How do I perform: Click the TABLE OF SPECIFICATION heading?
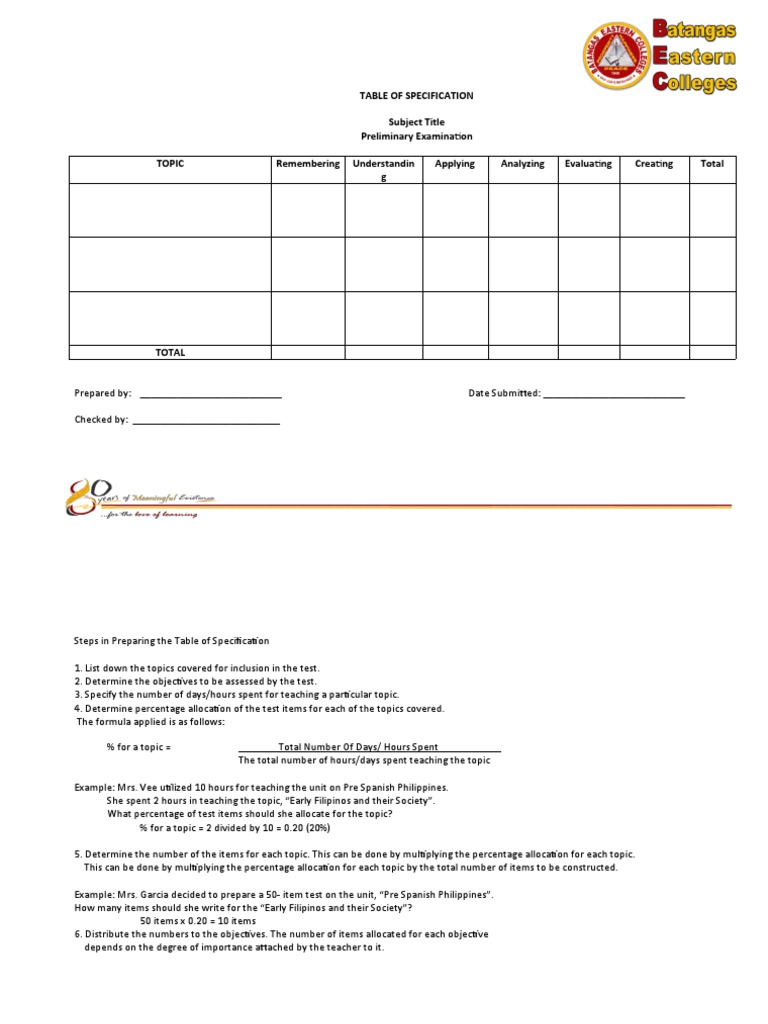click(416, 96)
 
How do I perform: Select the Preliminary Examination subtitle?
click(416, 136)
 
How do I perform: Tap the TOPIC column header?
click(170, 164)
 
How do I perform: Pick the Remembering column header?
click(308, 164)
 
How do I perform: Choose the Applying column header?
click(455, 164)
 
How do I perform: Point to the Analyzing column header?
click(522, 164)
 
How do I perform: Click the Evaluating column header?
click(589, 164)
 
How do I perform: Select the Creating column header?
click(654, 164)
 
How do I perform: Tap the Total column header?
click(712, 164)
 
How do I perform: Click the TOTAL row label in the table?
click(170, 352)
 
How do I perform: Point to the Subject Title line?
click(416, 121)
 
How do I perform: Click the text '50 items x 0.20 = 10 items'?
click(198, 920)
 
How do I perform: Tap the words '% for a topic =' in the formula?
click(139, 747)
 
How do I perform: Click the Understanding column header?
click(384, 169)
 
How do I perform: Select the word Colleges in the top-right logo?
click(695, 83)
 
